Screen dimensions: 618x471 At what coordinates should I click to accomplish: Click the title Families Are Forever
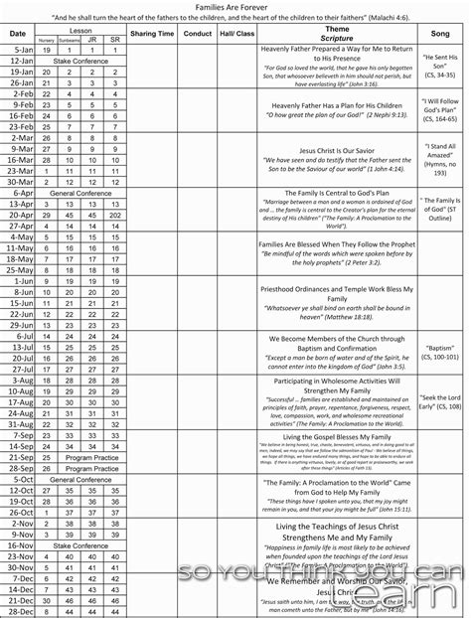tap(235, 6)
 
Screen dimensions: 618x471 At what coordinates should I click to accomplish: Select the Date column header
tap(18, 34)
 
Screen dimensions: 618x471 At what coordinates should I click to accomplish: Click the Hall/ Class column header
tap(236, 34)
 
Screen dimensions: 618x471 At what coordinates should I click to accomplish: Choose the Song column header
tap(438, 34)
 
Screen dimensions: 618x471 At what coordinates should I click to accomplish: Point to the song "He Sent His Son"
tap(438, 67)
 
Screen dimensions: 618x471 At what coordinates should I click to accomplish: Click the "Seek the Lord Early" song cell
tap(438, 400)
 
